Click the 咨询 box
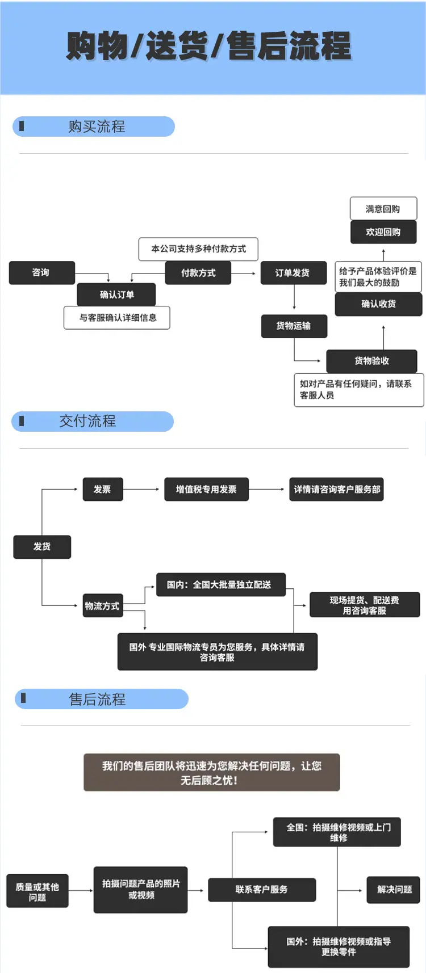point(42,272)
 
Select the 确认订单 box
point(116,294)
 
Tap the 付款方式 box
point(198,272)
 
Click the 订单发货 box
point(293,272)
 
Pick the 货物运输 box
point(294,326)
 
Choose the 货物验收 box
point(372,361)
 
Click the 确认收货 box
point(379,304)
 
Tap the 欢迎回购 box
point(383,232)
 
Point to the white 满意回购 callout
point(383,209)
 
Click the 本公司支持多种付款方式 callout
point(198,249)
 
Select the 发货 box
point(42,547)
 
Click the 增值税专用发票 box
point(207,489)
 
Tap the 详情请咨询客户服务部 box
point(337,489)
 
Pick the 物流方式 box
point(103,606)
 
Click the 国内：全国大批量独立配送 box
point(221,584)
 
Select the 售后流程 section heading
point(102,699)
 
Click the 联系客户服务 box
point(262,890)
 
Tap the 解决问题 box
point(394,890)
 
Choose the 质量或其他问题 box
point(37,891)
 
